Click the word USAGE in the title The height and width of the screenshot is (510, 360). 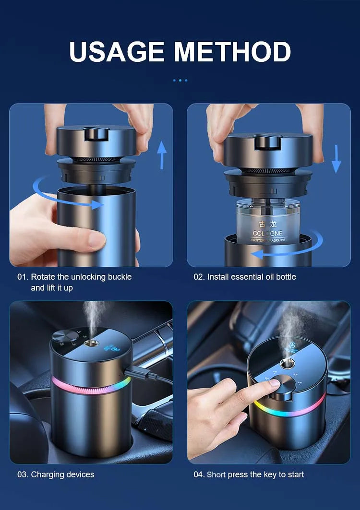tap(117, 51)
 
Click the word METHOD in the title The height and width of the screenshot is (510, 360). tap(232, 51)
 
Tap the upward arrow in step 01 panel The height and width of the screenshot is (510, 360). tap(162, 154)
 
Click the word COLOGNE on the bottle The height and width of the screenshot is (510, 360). tap(268, 233)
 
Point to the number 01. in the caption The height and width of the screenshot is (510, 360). tap(23, 277)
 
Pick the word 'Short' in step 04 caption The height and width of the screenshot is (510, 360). tap(216, 474)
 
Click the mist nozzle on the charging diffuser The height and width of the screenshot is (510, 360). tap(89, 343)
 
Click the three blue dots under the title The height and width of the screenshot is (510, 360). tap(180, 80)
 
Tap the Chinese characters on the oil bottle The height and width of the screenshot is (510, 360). tap(268, 224)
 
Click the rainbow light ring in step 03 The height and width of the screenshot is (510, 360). tap(91, 386)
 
